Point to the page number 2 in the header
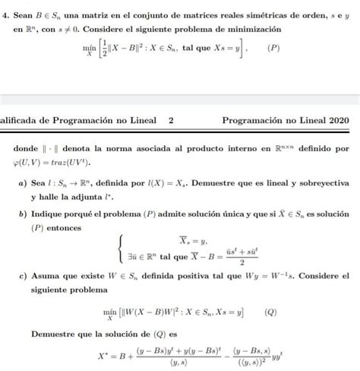tap(171, 119)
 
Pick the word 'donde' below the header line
tap(30, 150)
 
